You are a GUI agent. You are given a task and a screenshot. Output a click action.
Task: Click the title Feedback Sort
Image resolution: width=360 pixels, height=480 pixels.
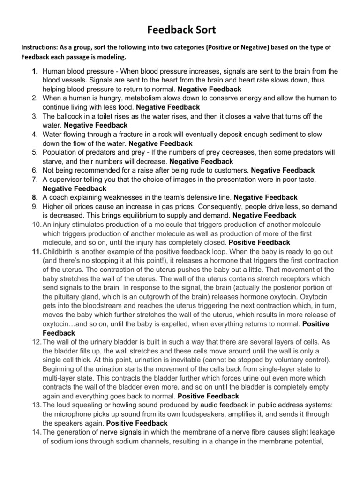coord(180,30)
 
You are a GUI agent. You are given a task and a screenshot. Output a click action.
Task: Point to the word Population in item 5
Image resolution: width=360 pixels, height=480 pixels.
coord(60,152)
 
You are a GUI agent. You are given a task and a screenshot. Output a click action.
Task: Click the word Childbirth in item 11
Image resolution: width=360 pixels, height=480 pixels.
coord(60,252)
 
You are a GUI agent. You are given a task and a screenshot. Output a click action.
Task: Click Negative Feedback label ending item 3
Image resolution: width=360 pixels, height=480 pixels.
coord(95,125)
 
